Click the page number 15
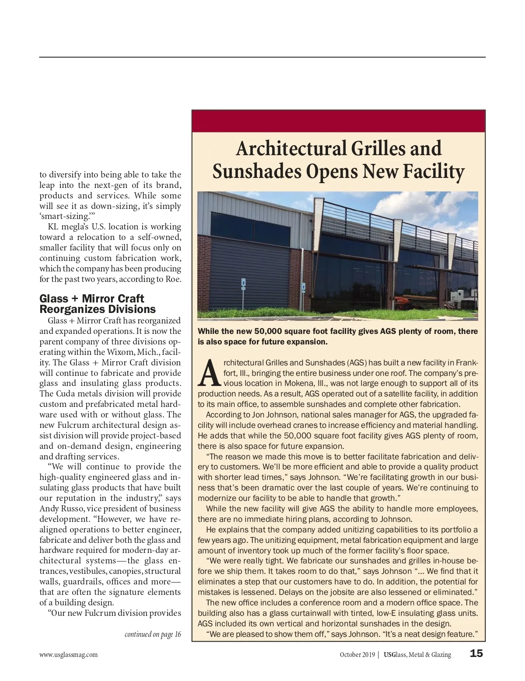[x=476, y=653]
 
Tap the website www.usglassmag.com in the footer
[x=68, y=655]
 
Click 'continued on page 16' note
[x=153, y=634]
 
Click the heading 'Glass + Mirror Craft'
[x=91, y=299]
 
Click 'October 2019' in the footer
[x=357, y=655]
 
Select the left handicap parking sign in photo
[x=243, y=284]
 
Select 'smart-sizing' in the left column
[x=64, y=216]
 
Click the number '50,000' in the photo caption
[x=268, y=331]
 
